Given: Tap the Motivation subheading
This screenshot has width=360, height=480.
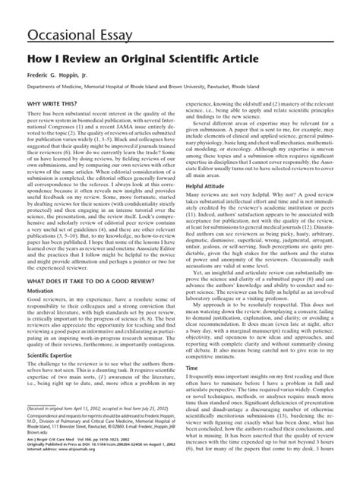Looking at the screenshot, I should pyautogui.click(x=43, y=291).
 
